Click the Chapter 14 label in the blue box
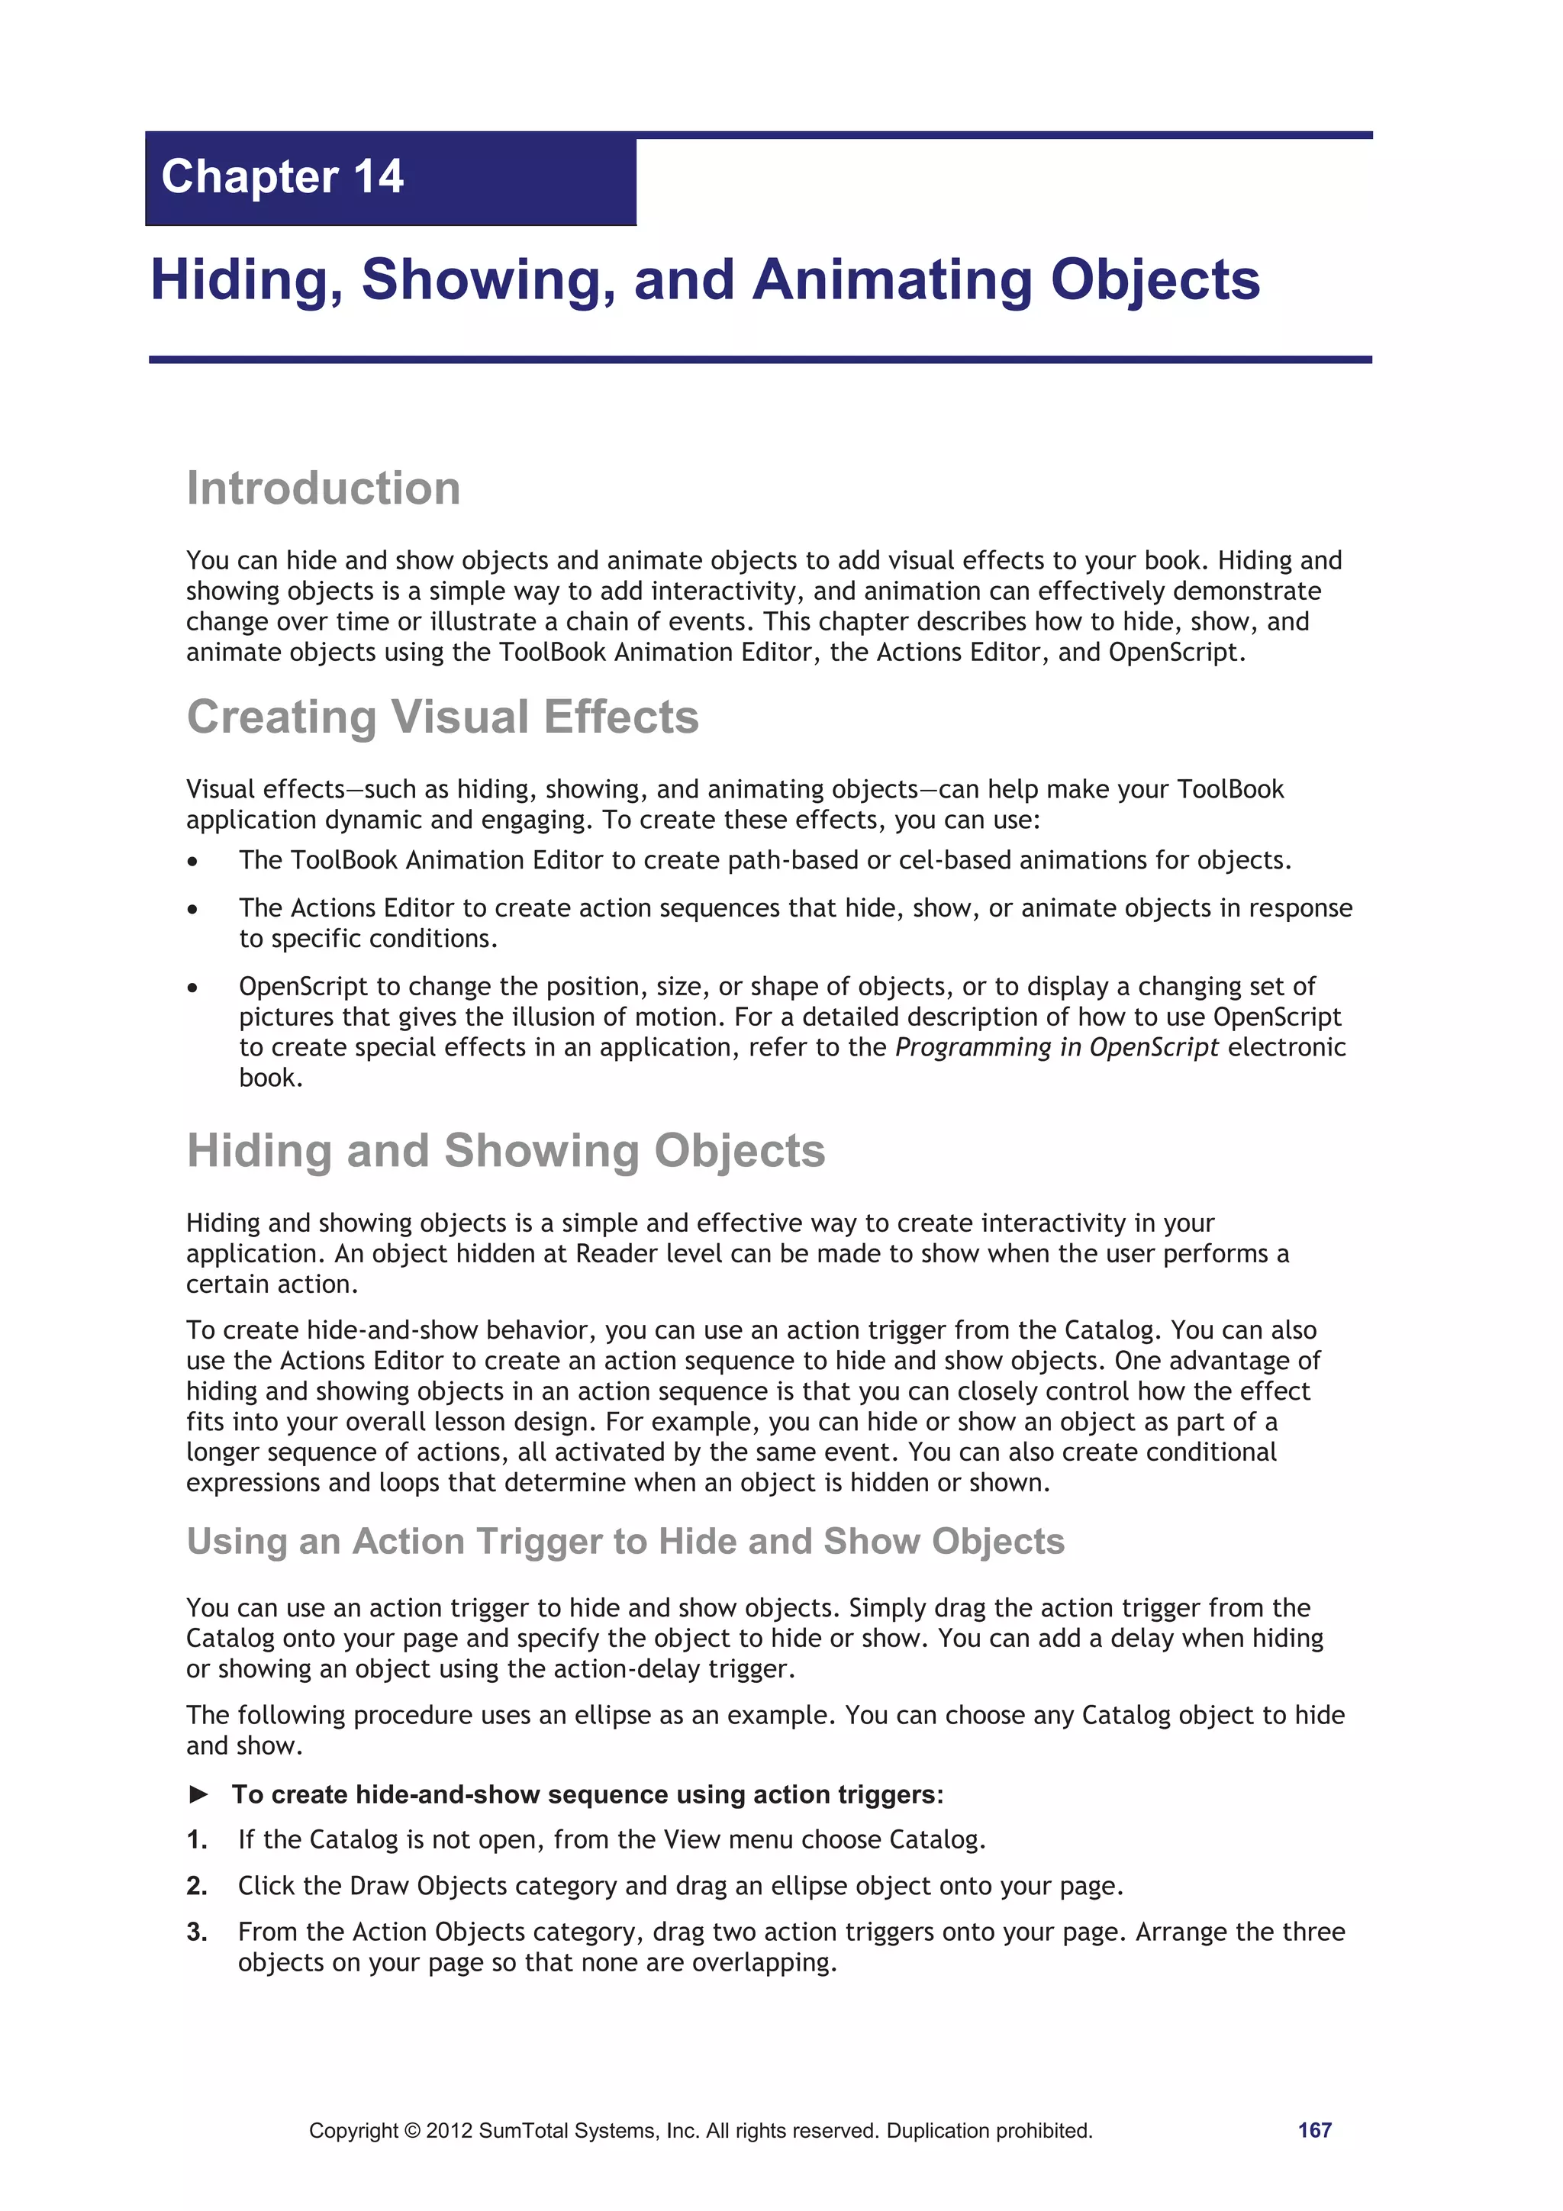click(282, 177)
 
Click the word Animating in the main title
click(891, 280)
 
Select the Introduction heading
click(324, 488)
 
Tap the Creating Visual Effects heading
click(442, 717)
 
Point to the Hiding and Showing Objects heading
click(505, 1151)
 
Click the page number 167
click(1313, 2130)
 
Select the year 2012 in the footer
click(449, 2131)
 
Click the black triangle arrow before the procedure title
click(199, 1794)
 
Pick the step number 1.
click(196, 1840)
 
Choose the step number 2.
click(196, 1887)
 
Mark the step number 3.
click(196, 1932)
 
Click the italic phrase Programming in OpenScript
click(1056, 1048)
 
